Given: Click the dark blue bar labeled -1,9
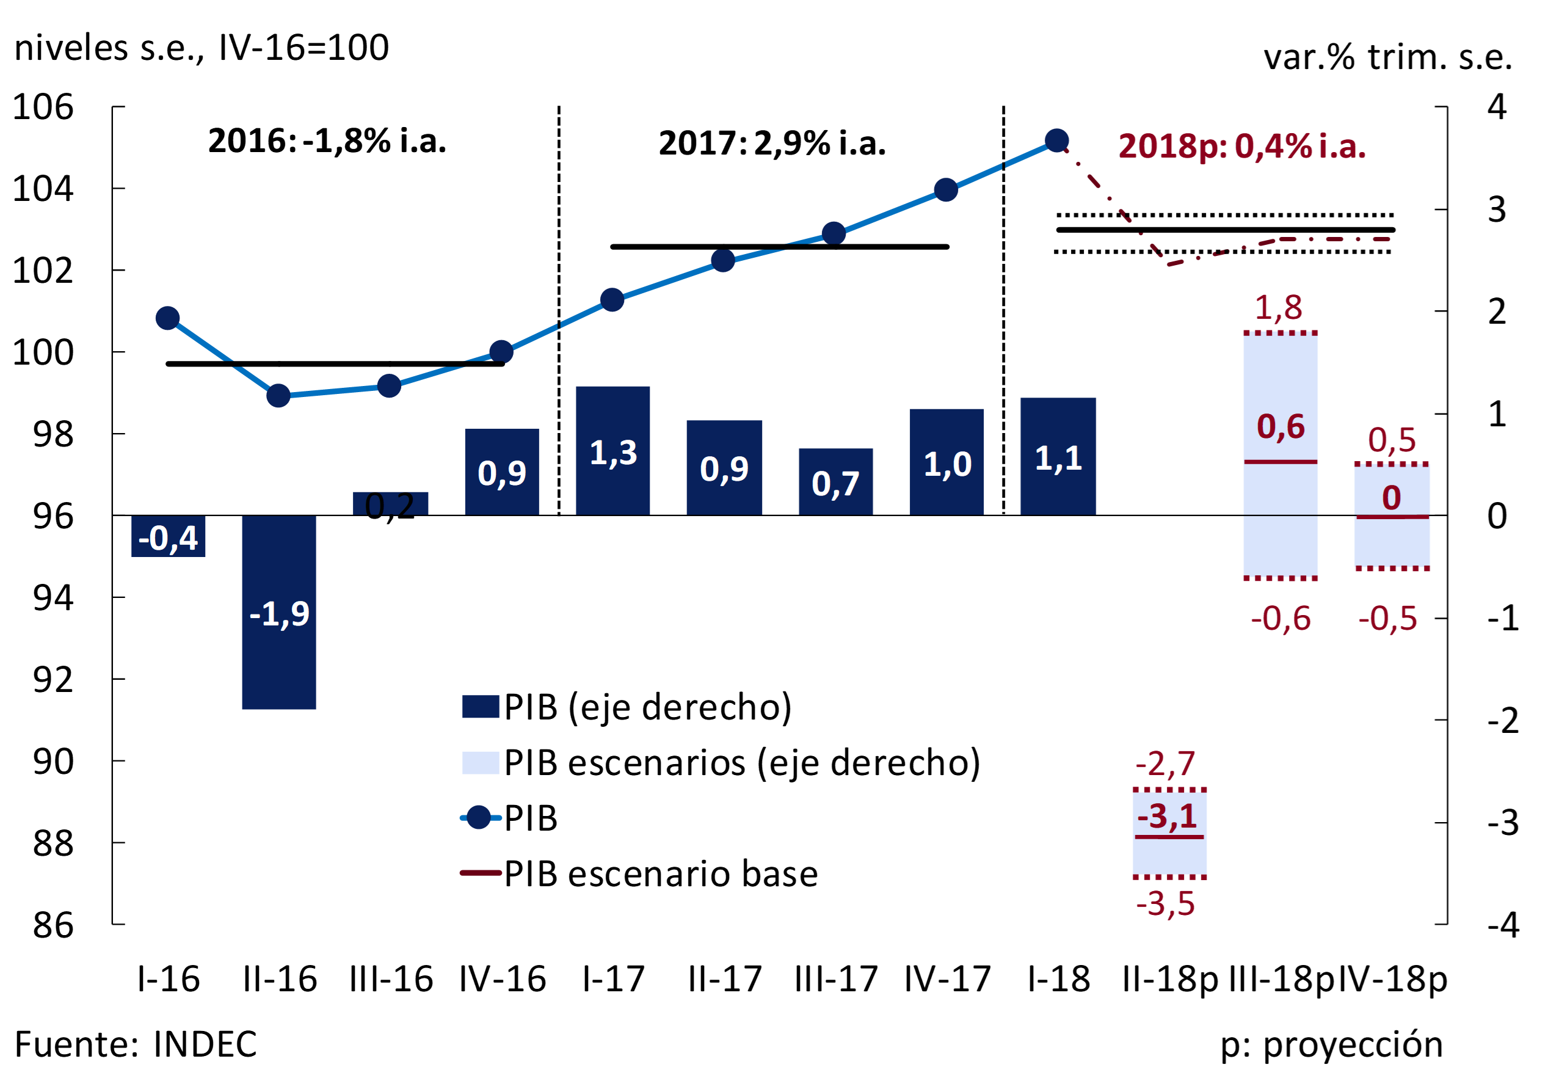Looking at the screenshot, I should (x=279, y=612).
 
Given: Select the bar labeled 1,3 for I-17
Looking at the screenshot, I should (x=612, y=451).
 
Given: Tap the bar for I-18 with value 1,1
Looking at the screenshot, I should (x=1058, y=457).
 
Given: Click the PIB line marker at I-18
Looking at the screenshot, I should (x=1056, y=140).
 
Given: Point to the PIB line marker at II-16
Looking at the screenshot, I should (x=278, y=396).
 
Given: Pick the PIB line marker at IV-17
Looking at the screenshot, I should (x=946, y=191).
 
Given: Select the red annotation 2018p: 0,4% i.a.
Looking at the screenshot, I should (x=1241, y=147).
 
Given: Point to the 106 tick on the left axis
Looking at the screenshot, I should (x=43, y=107).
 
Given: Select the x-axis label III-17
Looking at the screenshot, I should (x=835, y=979).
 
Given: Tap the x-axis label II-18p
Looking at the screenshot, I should (x=1170, y=979).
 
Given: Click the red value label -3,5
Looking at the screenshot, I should (x=1165, y=904).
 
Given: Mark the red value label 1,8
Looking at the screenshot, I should (x=1278, y=308).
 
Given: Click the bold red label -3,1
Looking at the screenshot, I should (x=1168, y=817).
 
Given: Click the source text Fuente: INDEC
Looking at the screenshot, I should (x=136, y=1044).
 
